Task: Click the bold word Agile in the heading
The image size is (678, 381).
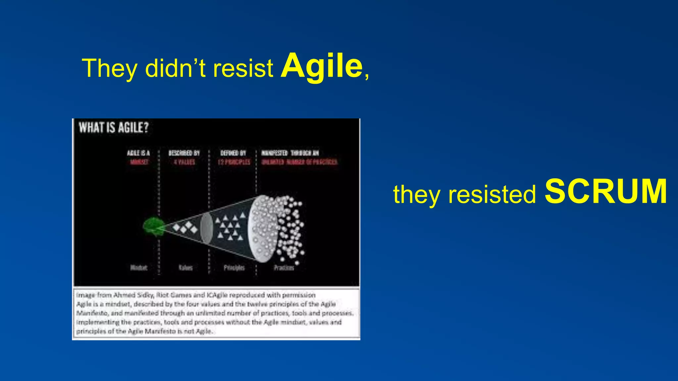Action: [321, 67]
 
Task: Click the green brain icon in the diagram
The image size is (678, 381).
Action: [154, 227]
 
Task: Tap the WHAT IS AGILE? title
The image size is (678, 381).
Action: [114, 128]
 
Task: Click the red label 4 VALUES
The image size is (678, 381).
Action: [184, 162]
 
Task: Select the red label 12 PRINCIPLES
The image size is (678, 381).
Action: [234, 162]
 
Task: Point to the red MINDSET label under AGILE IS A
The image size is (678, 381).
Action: [139, 162]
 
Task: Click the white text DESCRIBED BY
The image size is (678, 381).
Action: [184, 153]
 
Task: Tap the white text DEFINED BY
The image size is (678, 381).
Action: [233, 153]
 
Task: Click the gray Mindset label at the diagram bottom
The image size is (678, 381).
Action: [139, 268]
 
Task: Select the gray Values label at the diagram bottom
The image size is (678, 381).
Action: [185, 268]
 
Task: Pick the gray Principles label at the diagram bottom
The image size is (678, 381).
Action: [234, 268]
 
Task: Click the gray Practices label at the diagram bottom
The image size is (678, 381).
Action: [284, 268]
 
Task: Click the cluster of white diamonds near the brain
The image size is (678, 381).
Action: [185, 228]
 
